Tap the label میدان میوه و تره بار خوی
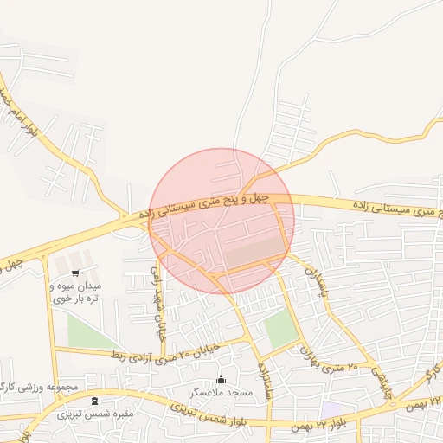tap(76, 292)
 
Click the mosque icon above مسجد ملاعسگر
tap(221, 379)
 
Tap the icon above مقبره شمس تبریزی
tap(94, 401)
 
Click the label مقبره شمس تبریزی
tap(95, 414)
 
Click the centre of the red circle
tap(221, 221)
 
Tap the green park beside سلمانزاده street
tap(279, 329)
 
